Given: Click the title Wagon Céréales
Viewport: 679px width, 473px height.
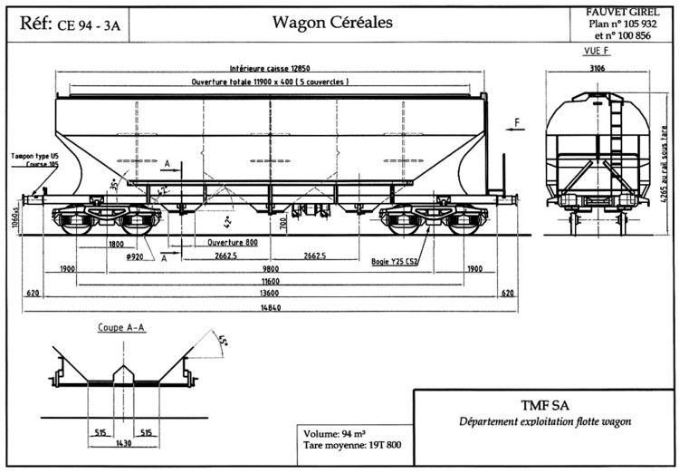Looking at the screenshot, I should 332,23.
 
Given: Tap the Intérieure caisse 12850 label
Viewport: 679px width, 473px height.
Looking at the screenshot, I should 271,69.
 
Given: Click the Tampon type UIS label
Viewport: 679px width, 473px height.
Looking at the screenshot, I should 34,156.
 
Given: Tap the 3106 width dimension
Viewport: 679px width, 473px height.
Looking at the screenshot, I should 597,67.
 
